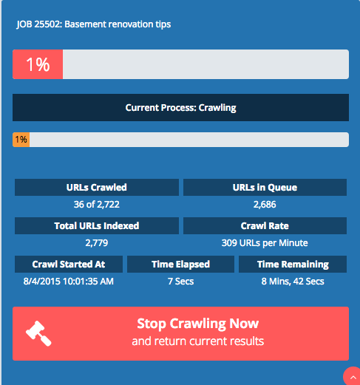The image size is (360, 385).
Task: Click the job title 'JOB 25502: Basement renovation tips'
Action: pyautogui.click(x=94, y=24)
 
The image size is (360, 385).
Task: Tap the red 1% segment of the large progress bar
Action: pyautogui.click(x=38, y=64)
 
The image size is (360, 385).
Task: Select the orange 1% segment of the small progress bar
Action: pyautogui.click(x=21, y=140)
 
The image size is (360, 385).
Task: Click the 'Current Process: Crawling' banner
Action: pyautogui.click(x=180, y=107)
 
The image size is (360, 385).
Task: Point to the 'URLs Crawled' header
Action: pyautogui.click(x=97, y=188)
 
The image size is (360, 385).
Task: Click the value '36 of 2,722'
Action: pyautogui.click(x=97, y=205)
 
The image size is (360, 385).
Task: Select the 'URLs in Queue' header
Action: pyautogui.click(x=265, y=188)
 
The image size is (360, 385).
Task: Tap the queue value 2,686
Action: pyautogui.click(x=265, y=205)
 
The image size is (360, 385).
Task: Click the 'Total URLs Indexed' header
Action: pyautogui.click(x=97, y=226)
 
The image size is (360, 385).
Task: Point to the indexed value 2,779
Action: pyautogui.click(x=97, y=243)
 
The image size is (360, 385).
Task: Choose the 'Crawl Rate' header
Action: pyautogui.click(x=265, y=226)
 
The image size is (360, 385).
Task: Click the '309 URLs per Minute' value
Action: pyautogui.click(x=265, y=243)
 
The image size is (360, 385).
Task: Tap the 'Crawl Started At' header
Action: pyautogui.click(x=69, y=265)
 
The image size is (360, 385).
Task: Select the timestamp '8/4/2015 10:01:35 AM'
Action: pyautogui.click(x=69, y=282)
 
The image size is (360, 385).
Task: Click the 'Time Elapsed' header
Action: pyautogui.click(x=180, y=265)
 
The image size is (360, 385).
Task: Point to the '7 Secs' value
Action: pyautogui.click(x=180, y=282)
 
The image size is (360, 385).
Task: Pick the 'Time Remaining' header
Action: pyautogui.click(x=293, y=265)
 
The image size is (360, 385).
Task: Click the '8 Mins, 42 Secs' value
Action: pyautogui.click(x=293, y=282)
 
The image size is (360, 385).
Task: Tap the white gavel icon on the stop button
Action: pyautogui.click(x=38, y=333)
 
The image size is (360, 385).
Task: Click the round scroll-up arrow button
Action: pyautogui.click(x=353, y=376)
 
